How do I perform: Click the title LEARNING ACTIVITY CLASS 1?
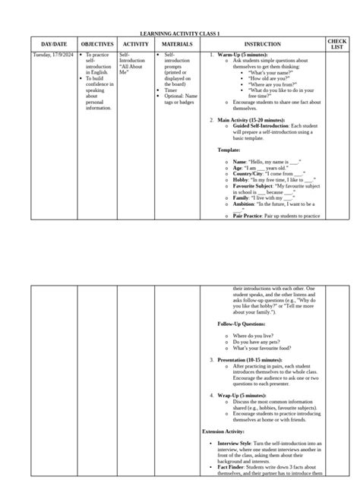coord(180,34)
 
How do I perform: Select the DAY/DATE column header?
coord(53,46)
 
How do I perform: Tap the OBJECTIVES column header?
coord(96,46)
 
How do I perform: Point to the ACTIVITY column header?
coord(135,46)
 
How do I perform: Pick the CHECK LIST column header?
coord(337,45)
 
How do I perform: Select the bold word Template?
coord(229,150)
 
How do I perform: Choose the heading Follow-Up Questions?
coord(242,324)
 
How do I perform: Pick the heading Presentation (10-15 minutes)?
coord(250,359)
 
